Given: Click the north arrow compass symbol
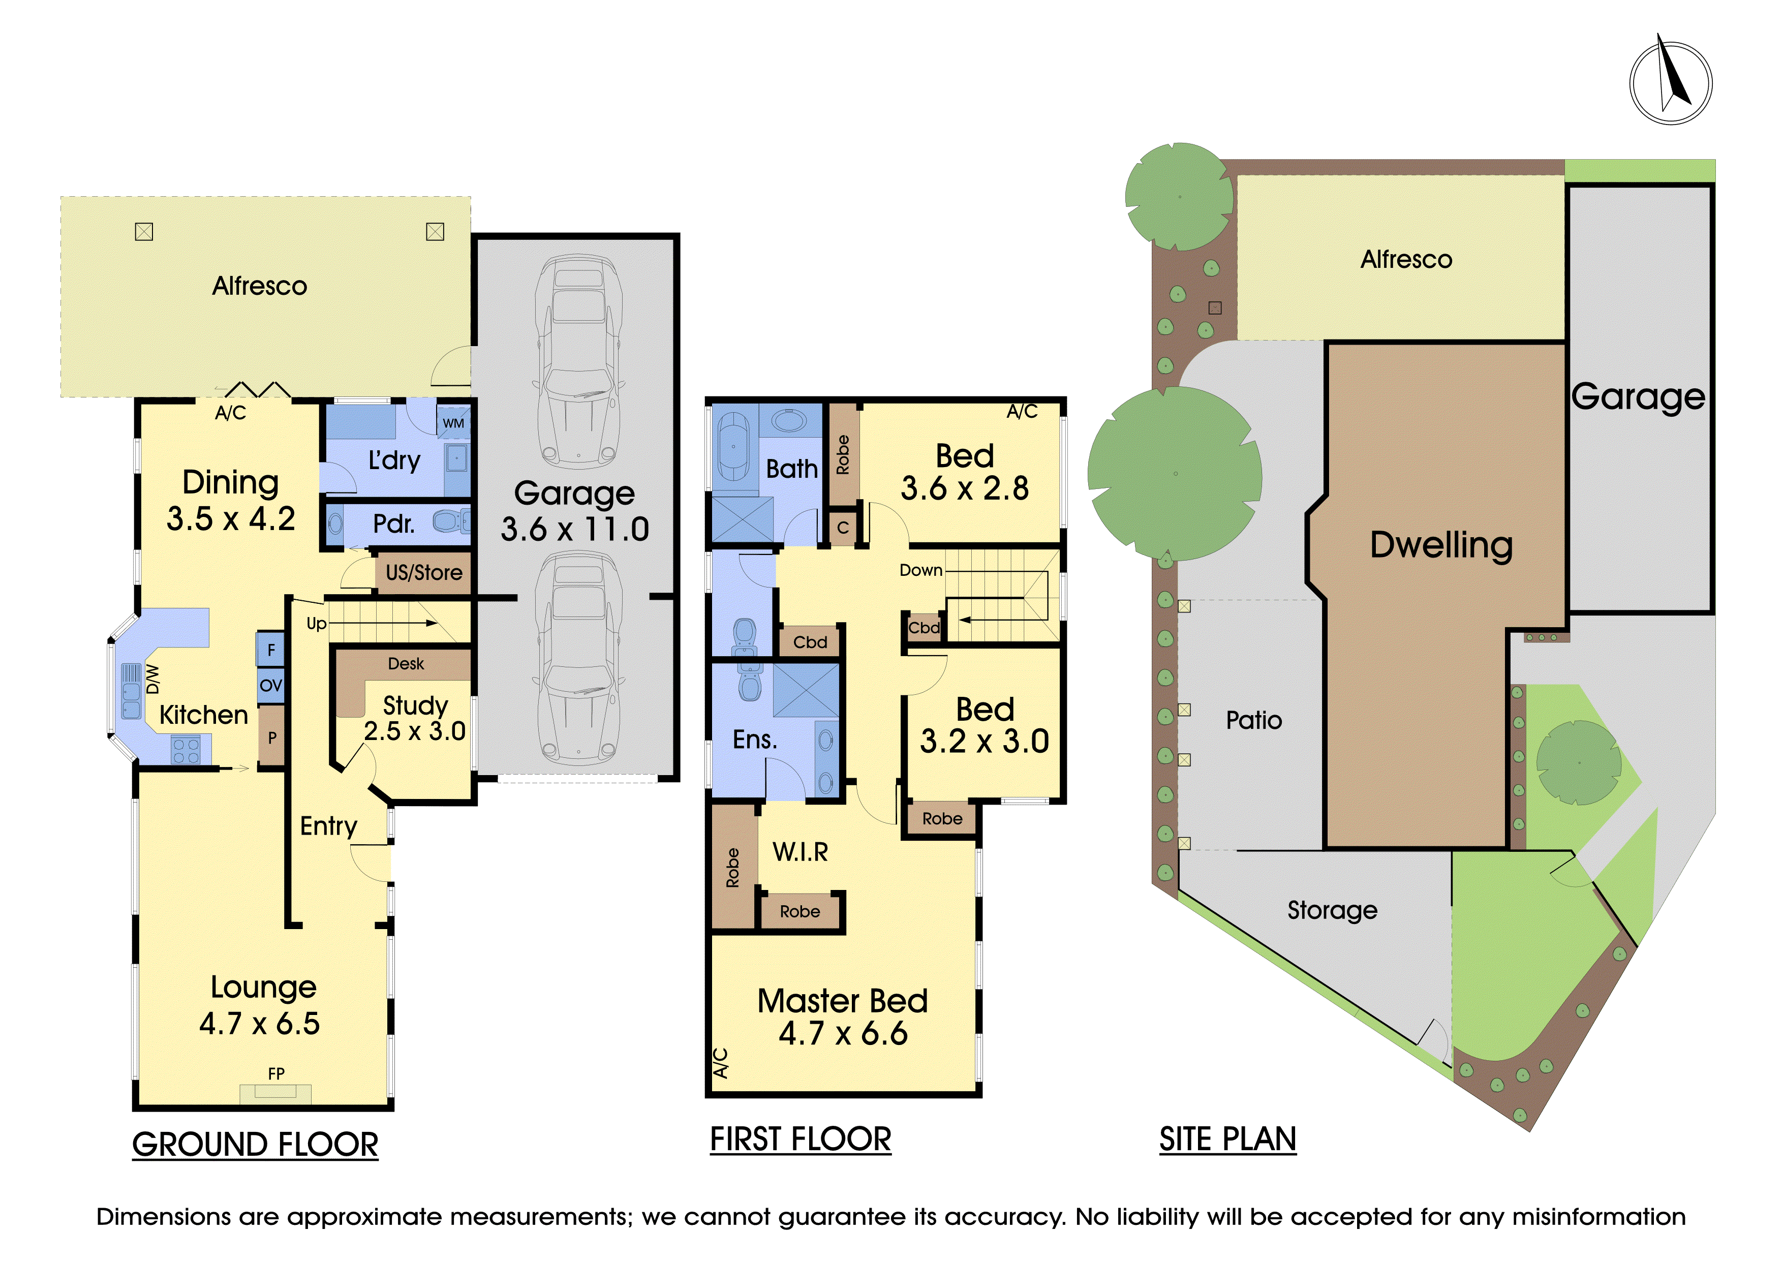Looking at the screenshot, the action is [x=1670, y=83].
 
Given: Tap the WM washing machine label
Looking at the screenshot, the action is [x=453, y=423].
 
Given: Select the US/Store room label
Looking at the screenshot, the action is [x=424, y=573].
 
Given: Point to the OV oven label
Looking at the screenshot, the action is [x=271, y=686].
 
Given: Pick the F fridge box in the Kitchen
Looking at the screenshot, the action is [x=271, y=649].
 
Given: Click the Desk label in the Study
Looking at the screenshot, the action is [x=406, y=664].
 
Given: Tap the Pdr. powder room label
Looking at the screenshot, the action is [x=394, y=524].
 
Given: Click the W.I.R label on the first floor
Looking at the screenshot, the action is [x=801, y=852].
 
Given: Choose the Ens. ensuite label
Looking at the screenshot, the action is [x=755, y=739].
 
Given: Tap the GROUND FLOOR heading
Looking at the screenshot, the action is [x=256, y=1145].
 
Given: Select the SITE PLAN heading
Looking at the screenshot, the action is [x=1228, y=1139].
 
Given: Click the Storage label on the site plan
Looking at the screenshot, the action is [x=1333, y=910].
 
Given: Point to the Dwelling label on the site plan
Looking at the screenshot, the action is [x=1441, y=545].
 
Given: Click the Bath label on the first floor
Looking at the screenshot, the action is [x=792, y=469].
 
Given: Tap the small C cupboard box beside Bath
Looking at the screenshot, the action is [x=843, y=528].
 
